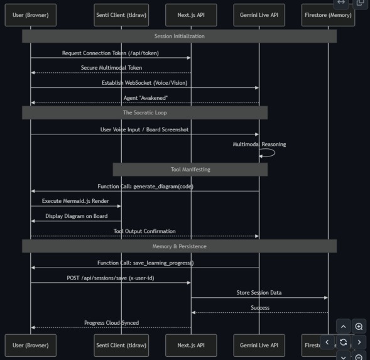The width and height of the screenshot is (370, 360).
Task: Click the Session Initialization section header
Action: [x=179, y=36]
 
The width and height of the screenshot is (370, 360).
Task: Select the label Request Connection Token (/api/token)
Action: [x=111, y=53]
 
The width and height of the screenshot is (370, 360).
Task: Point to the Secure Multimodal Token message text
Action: [x=111, y=68]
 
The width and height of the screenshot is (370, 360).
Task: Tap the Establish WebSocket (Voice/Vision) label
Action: [x=144, y=83]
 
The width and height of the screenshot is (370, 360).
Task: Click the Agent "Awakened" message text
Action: [x=144, y=98]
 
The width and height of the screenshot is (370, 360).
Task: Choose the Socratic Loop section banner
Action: [x=144, y=113]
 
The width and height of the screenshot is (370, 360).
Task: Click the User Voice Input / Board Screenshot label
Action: [x=144, y=129]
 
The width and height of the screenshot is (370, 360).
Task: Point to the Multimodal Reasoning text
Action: [x=259, y=145]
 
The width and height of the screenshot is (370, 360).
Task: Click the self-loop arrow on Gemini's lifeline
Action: [x=269, y=153]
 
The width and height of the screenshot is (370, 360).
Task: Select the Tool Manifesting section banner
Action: [x=190, y=170]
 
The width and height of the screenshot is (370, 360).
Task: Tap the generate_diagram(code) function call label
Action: [x=145, y=187]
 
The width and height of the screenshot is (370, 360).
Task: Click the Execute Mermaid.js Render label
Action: [x=75, y=201]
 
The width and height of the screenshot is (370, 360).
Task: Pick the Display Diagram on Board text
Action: [x=76, y=216]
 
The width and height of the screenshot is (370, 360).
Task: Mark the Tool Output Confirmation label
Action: [x=144, y=231]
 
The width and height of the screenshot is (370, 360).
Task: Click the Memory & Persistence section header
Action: [x=179, y=246]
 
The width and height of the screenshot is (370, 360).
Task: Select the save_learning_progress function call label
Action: [x=145, y=263]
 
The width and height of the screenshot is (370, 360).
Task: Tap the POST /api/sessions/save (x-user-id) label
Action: [x=111, y=278]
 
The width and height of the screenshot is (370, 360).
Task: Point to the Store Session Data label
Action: [x=259, y=293]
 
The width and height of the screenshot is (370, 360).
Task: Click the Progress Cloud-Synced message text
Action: [x=111, y=323]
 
